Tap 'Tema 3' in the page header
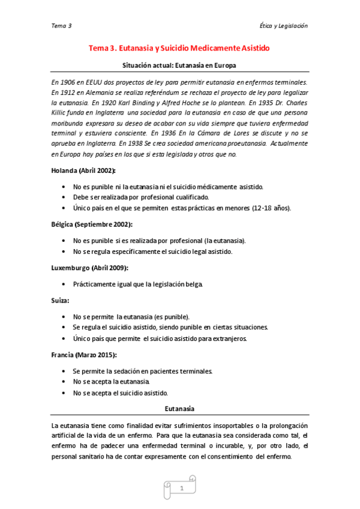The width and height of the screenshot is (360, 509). click(62, 26)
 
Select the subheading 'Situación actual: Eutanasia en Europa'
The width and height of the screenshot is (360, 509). click(179, 65)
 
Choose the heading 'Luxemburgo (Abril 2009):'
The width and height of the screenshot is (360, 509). click(89, 267)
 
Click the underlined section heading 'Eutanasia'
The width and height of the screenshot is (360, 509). click(179, 409)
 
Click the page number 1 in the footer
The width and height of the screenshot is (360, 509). click(181, 489)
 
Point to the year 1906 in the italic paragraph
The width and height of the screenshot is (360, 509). click(69, 82)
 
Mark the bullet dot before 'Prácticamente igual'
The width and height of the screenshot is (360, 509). click(64, 284)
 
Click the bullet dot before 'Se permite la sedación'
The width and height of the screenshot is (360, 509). click(64, 371)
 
